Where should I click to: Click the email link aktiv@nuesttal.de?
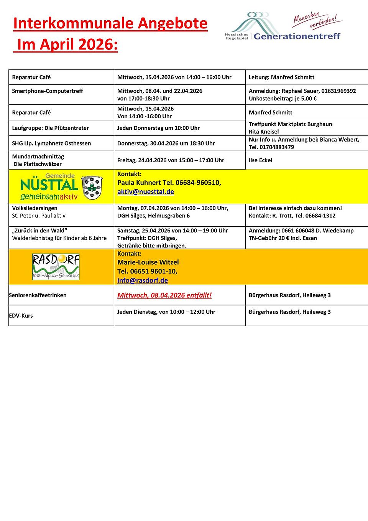coord(146,192)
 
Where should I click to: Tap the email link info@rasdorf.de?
coord(143,280)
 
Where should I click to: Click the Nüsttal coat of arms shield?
coord(92,188)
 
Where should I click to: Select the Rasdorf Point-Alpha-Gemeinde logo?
coord(56,267)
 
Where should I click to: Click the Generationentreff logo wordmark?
coord(297,36)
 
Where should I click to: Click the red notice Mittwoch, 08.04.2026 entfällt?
coord(164,295)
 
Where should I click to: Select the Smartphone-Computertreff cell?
coord(48,91)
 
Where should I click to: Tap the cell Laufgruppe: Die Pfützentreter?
coord(50,128)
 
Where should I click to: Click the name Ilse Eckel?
coord(260,160)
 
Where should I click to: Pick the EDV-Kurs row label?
coord(21,316)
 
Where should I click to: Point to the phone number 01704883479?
coord(276,147)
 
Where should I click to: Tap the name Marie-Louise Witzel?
coord(148,262)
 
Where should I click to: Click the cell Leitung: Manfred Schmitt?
coord(281,77)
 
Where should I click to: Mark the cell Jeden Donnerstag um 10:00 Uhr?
coord(158,128)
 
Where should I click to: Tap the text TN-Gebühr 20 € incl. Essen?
coord(283,238)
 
